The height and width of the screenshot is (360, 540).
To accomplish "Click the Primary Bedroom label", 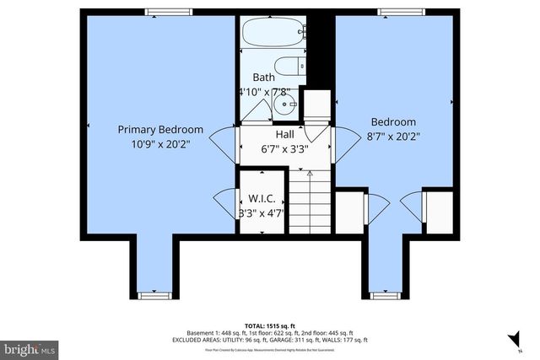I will [160, 129].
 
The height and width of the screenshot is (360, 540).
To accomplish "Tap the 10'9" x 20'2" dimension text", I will [160, 143].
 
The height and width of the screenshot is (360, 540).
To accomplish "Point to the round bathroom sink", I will [284, 107].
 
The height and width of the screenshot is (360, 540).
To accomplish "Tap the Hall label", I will [284, 135].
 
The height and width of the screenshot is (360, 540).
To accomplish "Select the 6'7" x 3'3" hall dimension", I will [284, 149].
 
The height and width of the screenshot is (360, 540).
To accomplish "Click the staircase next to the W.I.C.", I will [310, 201].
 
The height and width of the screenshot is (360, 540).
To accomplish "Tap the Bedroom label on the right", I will [391, 121].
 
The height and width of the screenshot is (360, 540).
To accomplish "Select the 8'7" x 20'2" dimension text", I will [391, 136].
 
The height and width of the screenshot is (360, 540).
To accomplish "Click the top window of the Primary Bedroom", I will [159, 12].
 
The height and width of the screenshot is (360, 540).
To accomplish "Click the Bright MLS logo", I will [30, 347].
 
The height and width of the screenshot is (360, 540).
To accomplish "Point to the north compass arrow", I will [512, 339].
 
